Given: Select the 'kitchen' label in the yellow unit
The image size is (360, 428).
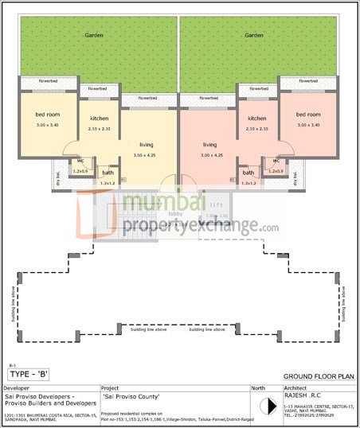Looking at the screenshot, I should point(99,119).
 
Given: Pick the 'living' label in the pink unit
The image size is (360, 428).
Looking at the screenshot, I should point(210,145).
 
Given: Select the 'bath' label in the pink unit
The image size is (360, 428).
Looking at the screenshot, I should point(248,173).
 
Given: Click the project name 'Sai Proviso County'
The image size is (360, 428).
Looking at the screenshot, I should point(131,396).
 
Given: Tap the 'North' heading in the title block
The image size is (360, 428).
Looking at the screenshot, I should point(259,387).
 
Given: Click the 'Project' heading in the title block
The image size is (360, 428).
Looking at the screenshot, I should point(111,387).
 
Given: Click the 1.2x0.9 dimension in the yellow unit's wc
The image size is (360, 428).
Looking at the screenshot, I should point(80,171).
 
